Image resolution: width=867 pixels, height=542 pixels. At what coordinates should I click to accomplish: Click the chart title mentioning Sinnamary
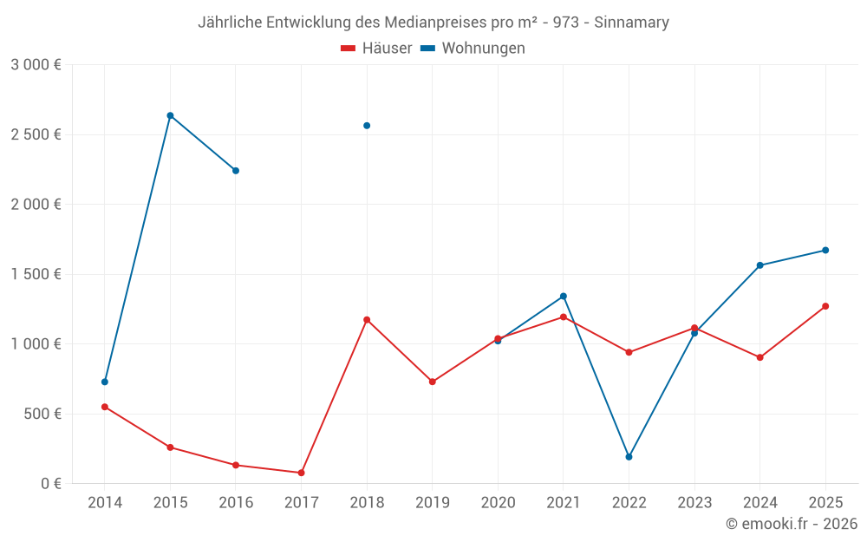point(433,23)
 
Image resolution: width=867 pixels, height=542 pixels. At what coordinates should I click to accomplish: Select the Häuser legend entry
point(376,49)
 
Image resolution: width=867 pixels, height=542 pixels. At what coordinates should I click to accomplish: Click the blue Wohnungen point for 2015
point(170,115)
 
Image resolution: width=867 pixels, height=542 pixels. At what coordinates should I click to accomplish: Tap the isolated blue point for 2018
point(367,126)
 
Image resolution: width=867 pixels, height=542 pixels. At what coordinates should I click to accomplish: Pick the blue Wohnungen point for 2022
point(629,457)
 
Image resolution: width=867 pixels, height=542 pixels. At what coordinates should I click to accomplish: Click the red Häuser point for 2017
point(301,473)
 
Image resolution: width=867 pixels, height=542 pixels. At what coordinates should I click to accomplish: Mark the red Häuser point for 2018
point(367,320)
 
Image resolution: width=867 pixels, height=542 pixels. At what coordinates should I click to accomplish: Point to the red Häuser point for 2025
point(825,306)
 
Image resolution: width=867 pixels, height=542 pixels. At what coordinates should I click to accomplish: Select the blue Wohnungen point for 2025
point(825,251)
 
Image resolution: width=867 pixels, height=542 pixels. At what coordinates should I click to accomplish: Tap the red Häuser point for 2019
point(432,382)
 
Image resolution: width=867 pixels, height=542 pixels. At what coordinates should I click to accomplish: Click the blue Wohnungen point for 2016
point(236,171)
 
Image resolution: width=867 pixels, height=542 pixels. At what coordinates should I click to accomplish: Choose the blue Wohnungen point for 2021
point(563,297)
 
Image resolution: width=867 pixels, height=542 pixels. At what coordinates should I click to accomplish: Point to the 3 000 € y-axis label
point(36,65)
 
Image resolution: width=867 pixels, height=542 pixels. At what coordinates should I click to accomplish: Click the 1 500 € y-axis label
point(36,274)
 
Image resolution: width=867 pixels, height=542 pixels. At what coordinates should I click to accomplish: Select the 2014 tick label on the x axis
point(105,503)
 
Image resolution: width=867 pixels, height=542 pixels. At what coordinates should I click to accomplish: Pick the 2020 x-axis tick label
point(498,503)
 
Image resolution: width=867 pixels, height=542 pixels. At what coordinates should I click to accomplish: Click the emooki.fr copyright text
point(791,524)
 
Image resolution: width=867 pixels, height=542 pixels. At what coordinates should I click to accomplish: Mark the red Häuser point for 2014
point(105,407)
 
